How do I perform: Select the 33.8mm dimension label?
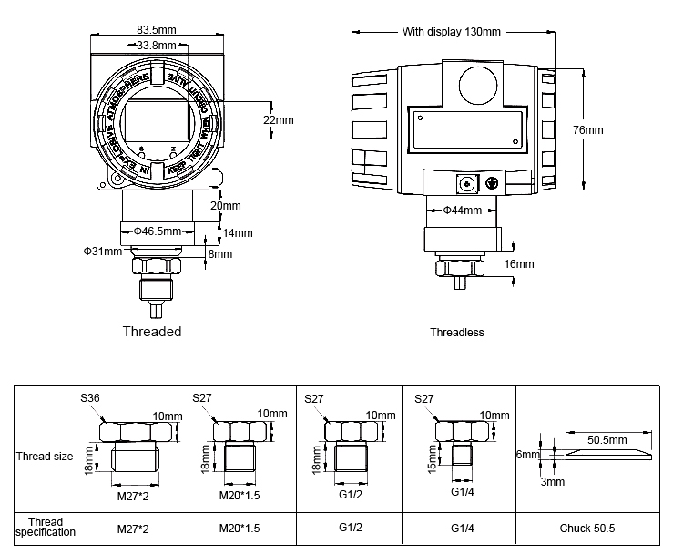click(x=156, y=44)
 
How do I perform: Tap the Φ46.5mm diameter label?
click(x=157, y=231)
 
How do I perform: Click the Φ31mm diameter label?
click(x=102, y=251)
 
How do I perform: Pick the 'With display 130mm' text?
click(x=452, y=32)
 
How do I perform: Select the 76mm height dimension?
click(x=587, y=130)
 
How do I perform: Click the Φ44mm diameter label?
click(x=462, y=211)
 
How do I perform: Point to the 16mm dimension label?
click(x=519, y=264)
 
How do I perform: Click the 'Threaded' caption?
click(x=152, y=332)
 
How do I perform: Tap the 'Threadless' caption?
click(x=456, y=333)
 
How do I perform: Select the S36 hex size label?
click(x=90, y=397)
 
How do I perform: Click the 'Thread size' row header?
click(x=45, y=456)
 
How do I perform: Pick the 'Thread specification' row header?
click(x=45, y=527)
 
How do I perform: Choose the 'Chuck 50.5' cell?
click(x=587, y=528)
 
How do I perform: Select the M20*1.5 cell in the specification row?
click(x=240, y=528)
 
